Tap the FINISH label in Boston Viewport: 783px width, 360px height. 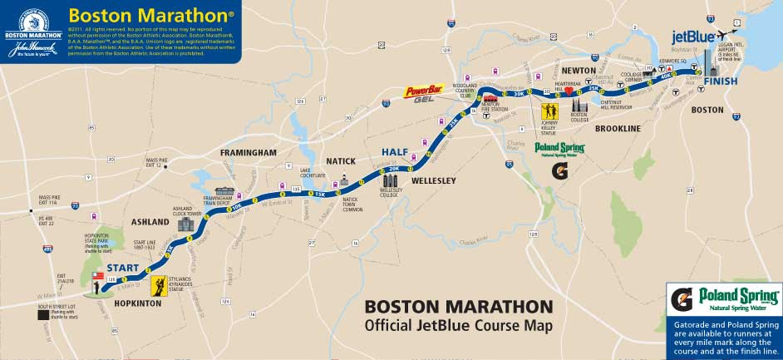(720, 81)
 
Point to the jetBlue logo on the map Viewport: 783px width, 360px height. (693, 37)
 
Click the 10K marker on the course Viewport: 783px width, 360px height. (237, 206)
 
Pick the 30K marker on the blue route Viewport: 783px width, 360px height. (519, 94)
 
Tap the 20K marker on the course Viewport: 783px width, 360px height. (394, 169)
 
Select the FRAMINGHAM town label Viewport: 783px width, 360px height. (248, 153)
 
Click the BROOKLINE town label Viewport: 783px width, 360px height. (618, 129)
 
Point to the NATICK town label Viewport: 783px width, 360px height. (341, 160)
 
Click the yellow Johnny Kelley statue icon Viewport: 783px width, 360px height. (549, 111)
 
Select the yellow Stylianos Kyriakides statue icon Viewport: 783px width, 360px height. (157, 287)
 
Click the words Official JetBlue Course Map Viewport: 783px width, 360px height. (458, 325)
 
